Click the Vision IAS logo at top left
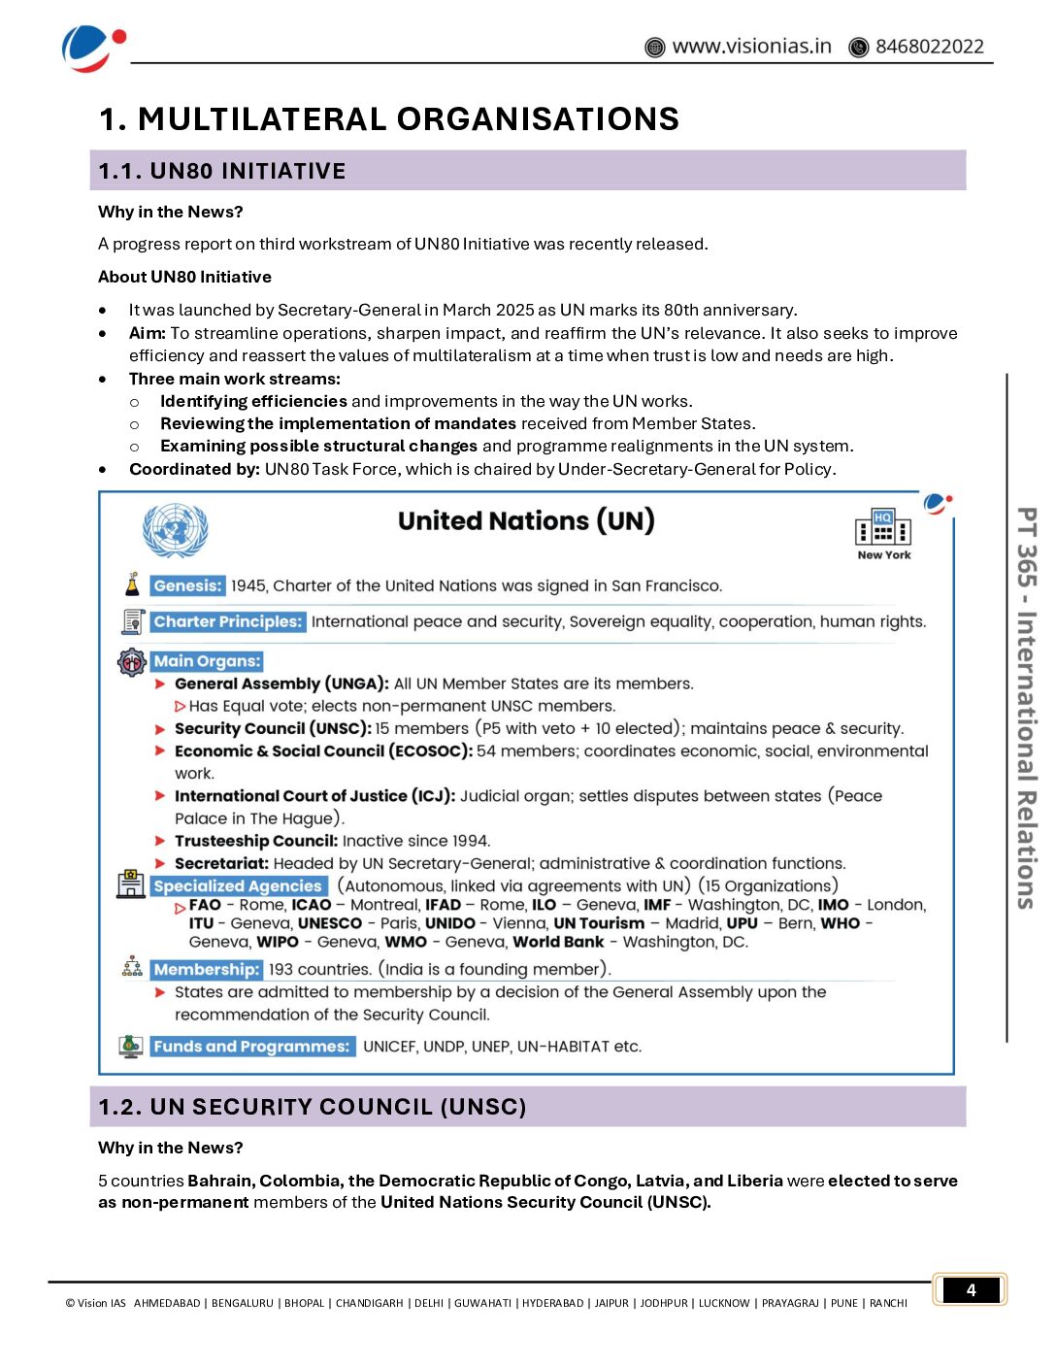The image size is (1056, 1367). (91, 48)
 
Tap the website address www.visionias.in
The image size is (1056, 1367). (751, 47)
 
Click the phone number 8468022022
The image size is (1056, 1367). (929, 47)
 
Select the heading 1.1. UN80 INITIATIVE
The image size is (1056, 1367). (222, 172)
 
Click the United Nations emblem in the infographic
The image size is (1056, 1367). (175, 530)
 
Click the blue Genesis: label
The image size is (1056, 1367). (188, 586)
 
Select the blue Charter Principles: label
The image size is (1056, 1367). (228, 622)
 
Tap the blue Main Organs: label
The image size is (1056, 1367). (207, 661)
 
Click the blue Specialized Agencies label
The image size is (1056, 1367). (238, 886)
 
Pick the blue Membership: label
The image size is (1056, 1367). (207, 970)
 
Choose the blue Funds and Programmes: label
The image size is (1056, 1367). (252, 1047)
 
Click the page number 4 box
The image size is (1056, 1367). (971, 1290)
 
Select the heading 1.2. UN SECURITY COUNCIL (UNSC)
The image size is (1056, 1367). (313, 1108)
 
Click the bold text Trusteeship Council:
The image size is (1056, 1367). (256, 841)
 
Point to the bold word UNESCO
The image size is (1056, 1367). (330, 923)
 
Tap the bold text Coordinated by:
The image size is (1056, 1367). (194, 470)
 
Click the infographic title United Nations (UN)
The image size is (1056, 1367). (526, 521)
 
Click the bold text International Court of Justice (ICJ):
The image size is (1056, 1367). (314, 796)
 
